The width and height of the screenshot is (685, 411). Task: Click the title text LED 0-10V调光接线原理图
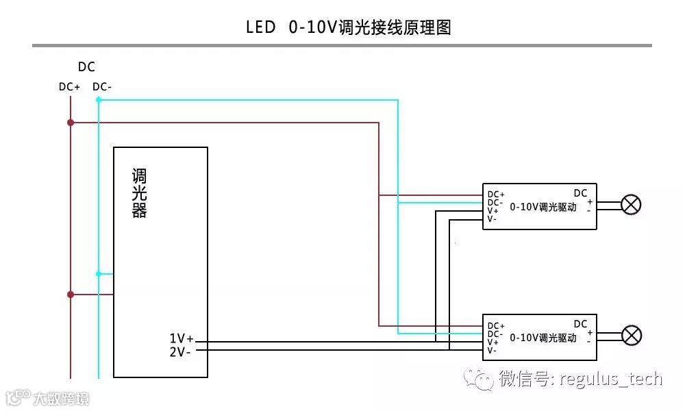coord(349,27)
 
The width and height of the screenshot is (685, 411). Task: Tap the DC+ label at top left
coord(69,87)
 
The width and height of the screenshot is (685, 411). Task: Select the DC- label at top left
coord(102,87)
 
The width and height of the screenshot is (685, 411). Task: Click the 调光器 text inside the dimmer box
coord(140,193)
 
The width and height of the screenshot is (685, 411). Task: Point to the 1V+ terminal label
coord(182,338)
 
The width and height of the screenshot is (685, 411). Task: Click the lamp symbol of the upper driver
coord(631,205)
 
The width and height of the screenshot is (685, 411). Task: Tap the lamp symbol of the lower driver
coord(631,335)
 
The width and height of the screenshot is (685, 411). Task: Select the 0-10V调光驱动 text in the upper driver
coord(543,207)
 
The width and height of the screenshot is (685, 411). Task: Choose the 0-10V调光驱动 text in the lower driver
coord(543,338)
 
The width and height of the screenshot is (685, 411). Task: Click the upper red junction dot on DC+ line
coord(71,123)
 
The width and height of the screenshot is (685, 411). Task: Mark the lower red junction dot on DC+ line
coord(71,295)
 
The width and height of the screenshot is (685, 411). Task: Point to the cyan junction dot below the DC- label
coord(99,100)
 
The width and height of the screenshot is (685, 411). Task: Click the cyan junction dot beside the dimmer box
coord(99,274)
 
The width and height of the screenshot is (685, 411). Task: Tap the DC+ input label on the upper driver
coord(496,195)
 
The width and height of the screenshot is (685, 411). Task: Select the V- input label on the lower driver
coord(492,350)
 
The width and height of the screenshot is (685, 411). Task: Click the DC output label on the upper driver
coord(580,193)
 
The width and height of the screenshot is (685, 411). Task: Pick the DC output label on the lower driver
coord(580,324)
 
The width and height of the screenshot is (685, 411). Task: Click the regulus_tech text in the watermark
coord(611,379)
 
